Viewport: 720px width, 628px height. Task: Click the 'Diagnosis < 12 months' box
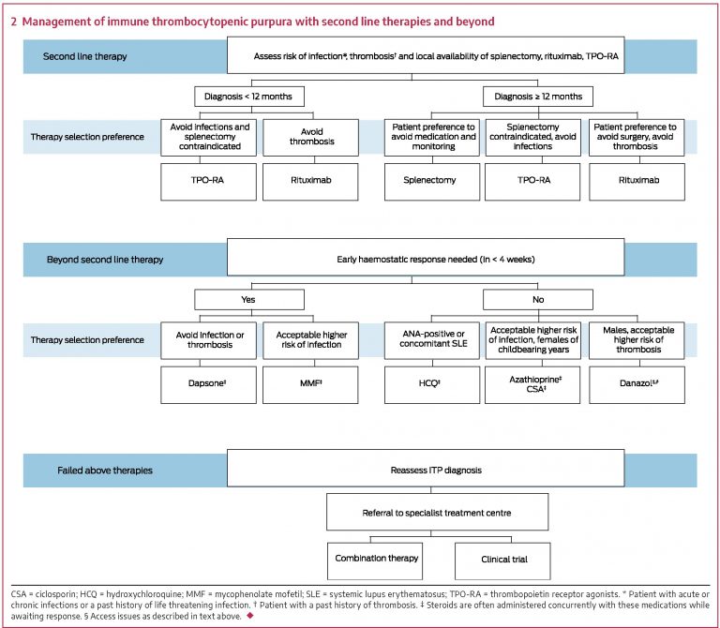(248, 97)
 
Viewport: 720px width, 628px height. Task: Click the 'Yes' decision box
(248, 299)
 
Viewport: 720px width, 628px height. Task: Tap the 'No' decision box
(537, 299)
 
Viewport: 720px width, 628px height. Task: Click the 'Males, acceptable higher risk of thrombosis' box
(637, 340)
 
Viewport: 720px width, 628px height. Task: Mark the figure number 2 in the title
(14, 20)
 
